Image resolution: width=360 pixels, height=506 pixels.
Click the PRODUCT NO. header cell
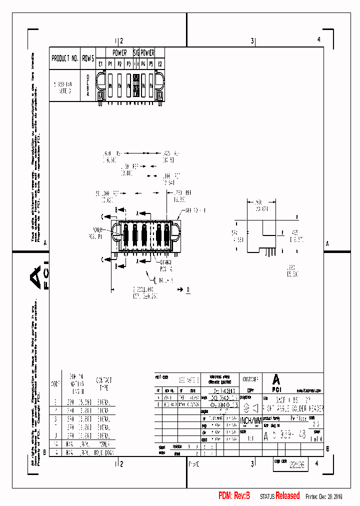click(x=65, y=58)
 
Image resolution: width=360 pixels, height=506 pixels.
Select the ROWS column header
click(x=88, y=58)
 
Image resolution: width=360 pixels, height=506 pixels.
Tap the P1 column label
click(x=110, y=63)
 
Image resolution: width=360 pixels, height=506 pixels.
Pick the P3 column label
click(x=128, y=63)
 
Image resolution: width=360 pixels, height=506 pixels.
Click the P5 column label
click(x=150, y=63)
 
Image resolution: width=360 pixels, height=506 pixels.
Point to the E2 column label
click(x=160, y=63)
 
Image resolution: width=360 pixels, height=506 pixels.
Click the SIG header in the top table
click(x=135, y=52)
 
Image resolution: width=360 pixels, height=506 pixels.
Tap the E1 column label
click(x=100, y=63)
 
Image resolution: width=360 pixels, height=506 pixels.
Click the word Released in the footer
click(x=287, y=495)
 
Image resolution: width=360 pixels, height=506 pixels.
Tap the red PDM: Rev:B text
click(x=234, y=495)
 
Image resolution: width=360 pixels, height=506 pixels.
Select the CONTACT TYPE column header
click(x=104, y=384)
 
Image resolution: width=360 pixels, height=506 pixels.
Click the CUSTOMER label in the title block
click(x=250, y=379)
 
